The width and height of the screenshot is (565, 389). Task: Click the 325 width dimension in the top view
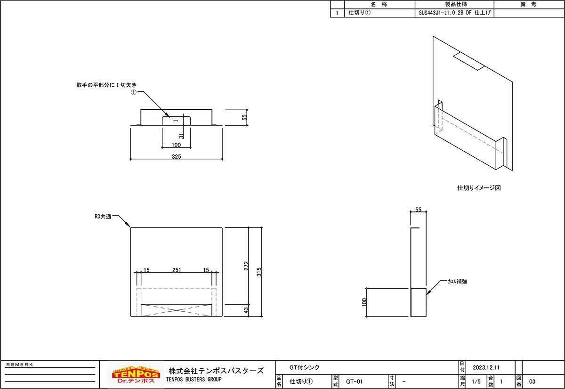[x=176, y=156]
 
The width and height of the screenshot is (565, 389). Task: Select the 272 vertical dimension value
[x=246, y=266]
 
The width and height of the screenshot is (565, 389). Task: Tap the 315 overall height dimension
[x=259, y=272]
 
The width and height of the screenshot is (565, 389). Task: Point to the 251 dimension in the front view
[x=177, y=270]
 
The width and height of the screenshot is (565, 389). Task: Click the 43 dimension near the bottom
[x=246, y=310]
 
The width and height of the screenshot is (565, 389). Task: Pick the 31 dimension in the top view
[x=181, y=136]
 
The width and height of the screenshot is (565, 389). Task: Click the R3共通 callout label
[x=103, y=217]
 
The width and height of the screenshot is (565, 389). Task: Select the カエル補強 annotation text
[x=457, y=281]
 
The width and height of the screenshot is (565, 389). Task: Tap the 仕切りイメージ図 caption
[x=479, y=188]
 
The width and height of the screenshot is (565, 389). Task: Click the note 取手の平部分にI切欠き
[x=106, y=85]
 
